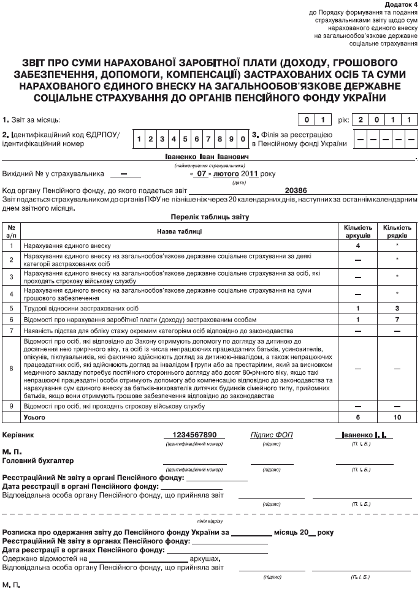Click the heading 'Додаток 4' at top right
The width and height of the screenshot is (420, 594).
[x=399, y=5]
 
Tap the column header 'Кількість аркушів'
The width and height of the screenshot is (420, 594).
[x=358, y=231]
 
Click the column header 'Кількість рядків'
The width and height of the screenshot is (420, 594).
[x=397, y=231]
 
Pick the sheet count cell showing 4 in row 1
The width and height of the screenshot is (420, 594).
[x=358, y=245]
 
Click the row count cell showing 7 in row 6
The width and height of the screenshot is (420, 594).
[x=397, y=320]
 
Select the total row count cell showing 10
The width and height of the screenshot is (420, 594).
[x=397, y=416]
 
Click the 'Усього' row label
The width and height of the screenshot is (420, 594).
[x=34, y=416]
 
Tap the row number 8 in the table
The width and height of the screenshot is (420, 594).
[x=11, y=369]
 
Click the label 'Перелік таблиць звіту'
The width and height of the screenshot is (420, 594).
[x=209, y=217]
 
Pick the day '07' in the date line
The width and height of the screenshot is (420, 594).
[x=204, y=173]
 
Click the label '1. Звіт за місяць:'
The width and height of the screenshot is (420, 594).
[x=31, y=119]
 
